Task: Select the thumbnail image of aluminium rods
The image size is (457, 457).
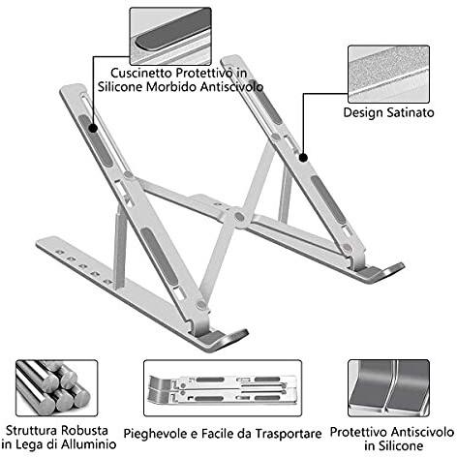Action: click(x=55, y=388)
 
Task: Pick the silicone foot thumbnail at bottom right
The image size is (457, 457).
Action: click(x=387, y=388)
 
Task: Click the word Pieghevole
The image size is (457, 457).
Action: click(x=158, y=429)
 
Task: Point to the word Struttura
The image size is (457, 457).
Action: click(x=38, y=429)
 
